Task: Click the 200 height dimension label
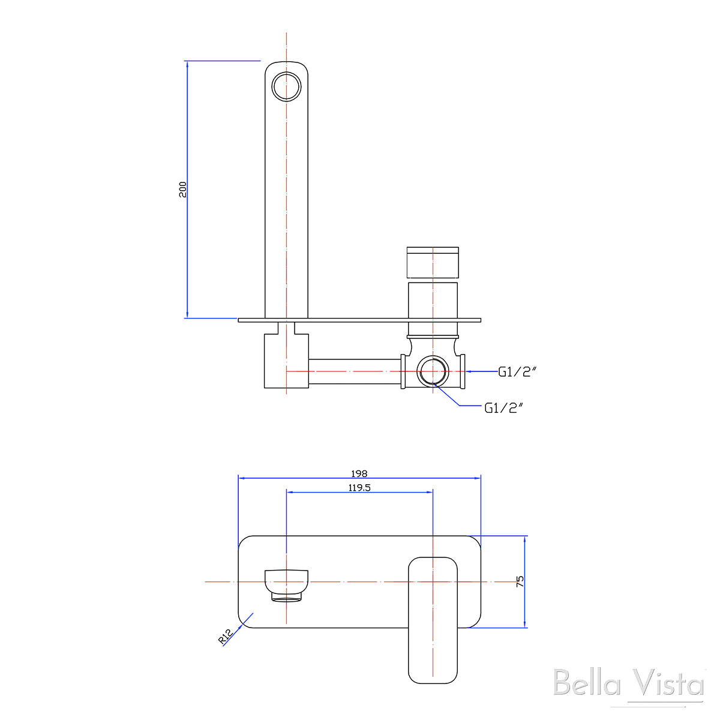coord(183,189)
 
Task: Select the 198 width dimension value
coord(359,473)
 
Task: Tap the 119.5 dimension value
coord(359,488)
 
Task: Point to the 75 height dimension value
coord(520,581)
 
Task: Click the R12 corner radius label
coord(226,637)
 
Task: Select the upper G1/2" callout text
coord(517,372)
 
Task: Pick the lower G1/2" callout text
coord(504,408)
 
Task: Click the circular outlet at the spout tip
coord(286,86)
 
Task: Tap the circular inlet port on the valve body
coord(433,372)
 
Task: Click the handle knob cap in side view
coord(433,262)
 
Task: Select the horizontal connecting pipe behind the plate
coord(354,371)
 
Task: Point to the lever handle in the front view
coord(433,618)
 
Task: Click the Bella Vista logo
coord(628,684)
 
